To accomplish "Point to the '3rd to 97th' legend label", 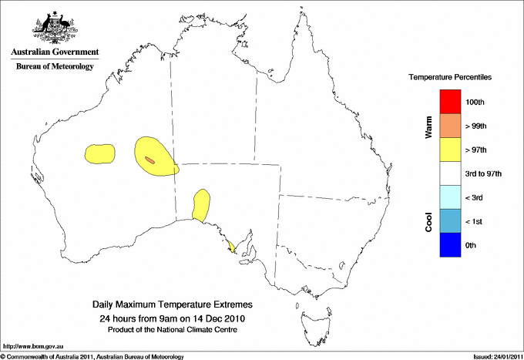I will (483, 173).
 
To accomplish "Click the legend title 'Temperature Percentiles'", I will (450, 78).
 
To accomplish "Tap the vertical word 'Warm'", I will (429, 127).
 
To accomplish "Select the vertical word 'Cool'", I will (429, 221).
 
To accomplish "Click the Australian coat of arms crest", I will (54, 26).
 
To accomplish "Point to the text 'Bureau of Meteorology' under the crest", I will (54, 67).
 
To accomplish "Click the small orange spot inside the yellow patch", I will (150, 160).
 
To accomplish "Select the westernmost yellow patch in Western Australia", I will (100, 153).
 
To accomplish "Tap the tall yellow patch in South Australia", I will (201, 205).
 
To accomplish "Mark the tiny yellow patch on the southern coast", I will (232, 247).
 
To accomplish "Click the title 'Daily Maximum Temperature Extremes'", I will (172, 305).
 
